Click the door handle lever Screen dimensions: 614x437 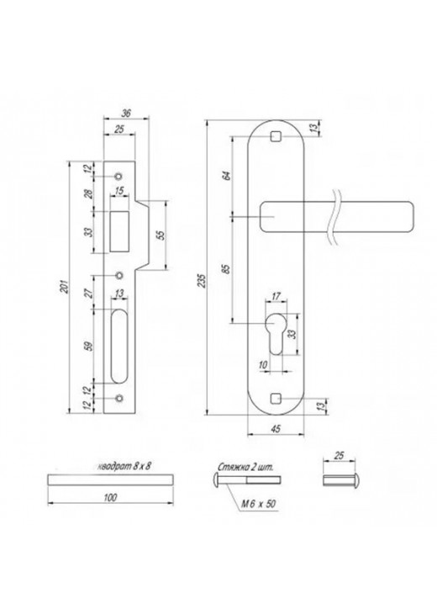tap(336, 217)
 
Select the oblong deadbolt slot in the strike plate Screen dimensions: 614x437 tap(120, 345)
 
